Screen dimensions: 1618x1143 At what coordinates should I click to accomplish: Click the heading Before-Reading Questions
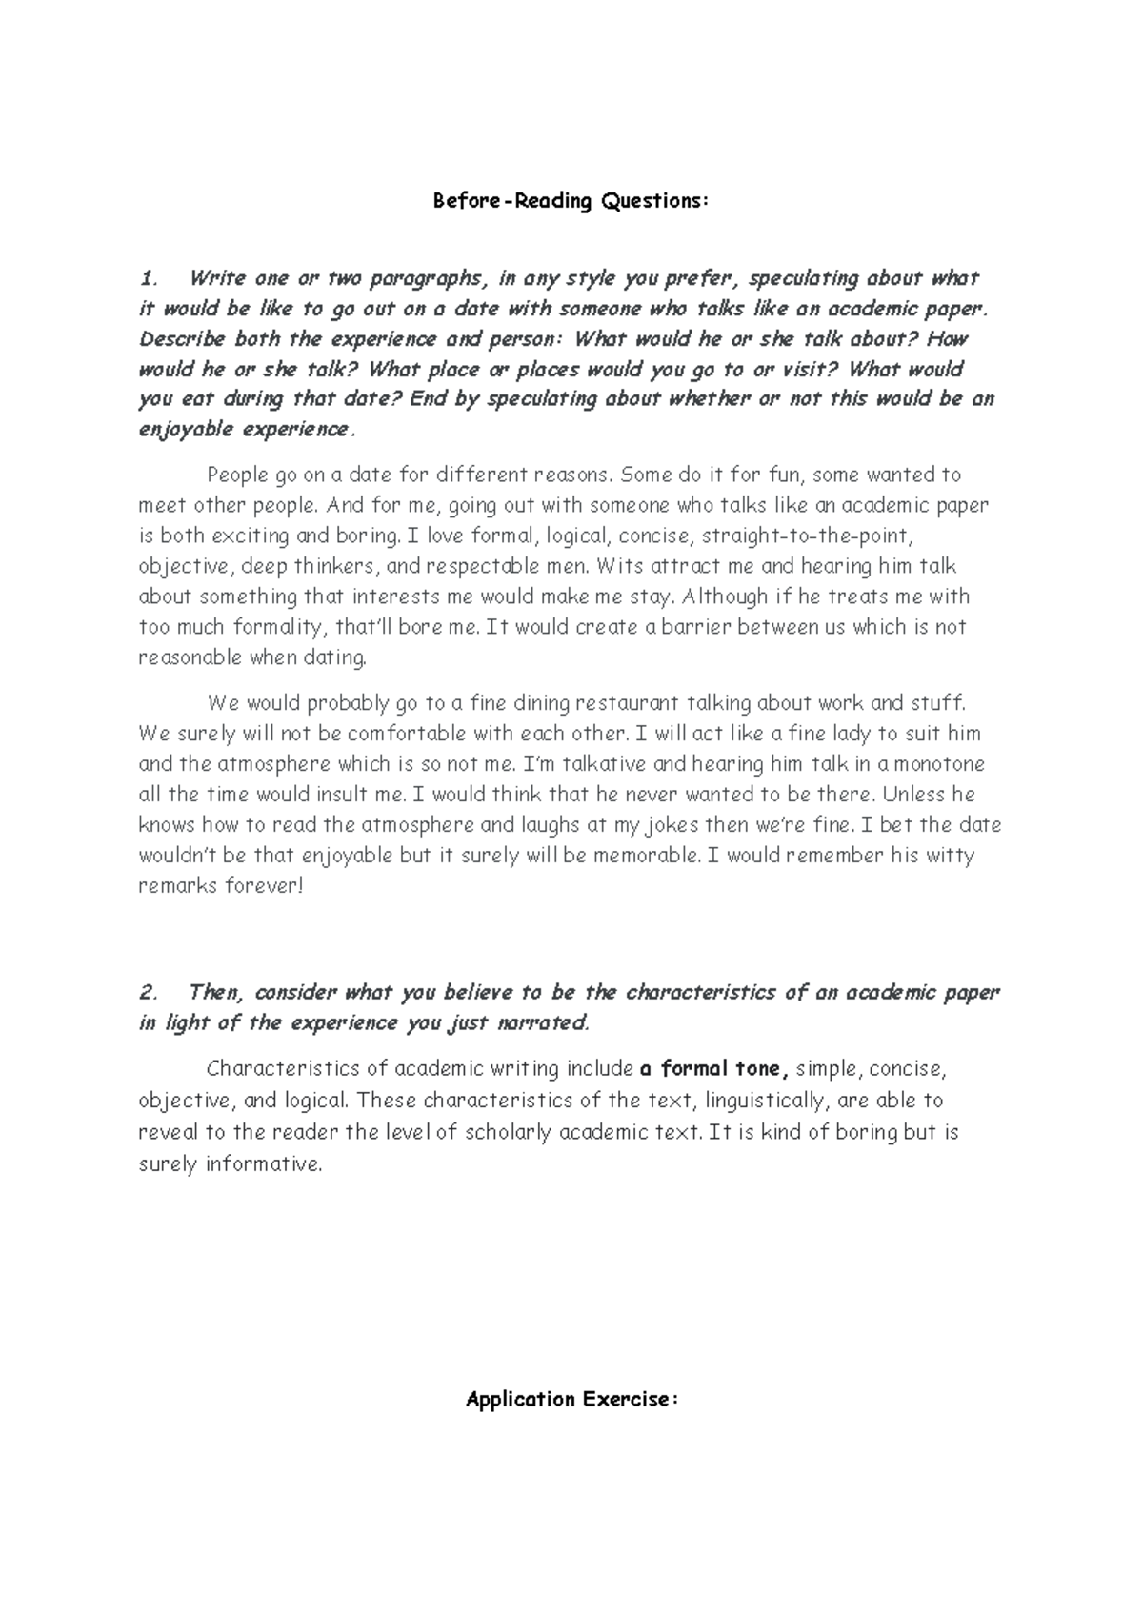[x=571, y=201]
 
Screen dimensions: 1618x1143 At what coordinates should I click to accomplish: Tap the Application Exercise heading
[x=571, y=1399]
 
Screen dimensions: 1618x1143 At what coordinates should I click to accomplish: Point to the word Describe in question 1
[x=182, y=339]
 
